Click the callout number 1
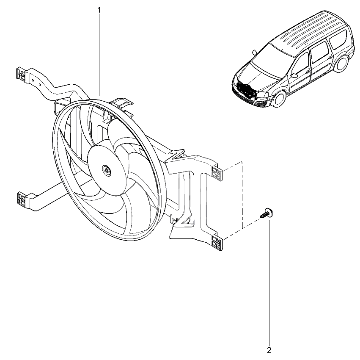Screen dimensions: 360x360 pos(99,10)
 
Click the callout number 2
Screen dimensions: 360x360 pos(269,350)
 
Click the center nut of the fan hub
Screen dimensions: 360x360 pos(107,170)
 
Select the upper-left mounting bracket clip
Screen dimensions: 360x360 pos(21,74)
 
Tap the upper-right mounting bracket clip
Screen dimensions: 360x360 pos(217,172)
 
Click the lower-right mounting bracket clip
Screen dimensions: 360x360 pos(217,243)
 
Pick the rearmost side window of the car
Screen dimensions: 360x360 pos(338,39)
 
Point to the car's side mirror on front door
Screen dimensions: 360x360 pos(294,75)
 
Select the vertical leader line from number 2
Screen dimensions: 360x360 pos(269,282)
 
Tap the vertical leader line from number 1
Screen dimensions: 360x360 pos(99,55)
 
